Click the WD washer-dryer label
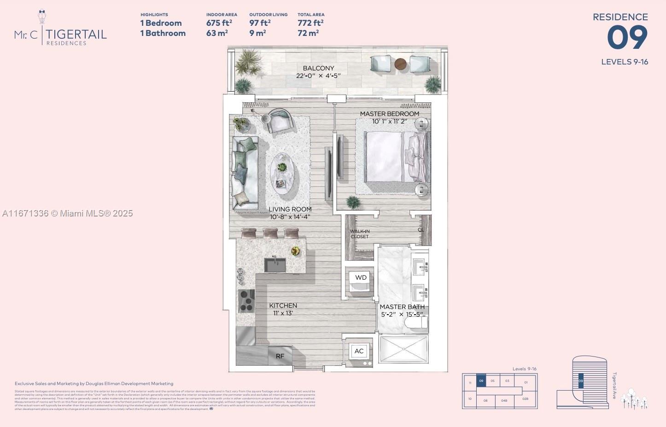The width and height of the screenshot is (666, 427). (x=361, y=277)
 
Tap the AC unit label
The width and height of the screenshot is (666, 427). (x=359, y=351)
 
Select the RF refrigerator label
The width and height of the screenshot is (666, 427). (x=280, y=356)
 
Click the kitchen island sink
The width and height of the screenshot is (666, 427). (x=275, y=265)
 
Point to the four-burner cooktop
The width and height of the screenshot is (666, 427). (x=246, y=301)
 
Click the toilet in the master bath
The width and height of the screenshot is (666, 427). (x=416, y=322)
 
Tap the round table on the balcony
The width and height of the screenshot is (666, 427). (x=401, y=64)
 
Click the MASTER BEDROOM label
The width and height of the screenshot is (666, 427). (x=389, y=114)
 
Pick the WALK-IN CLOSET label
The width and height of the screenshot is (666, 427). (x=360, y=234)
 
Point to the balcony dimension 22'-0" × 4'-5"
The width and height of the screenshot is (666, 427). (x=318, y=76)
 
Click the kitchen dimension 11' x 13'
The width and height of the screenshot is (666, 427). (x=283, y=313)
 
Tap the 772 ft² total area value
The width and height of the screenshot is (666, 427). (x=310, y=23)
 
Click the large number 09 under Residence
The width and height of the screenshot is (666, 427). (x=627, y=38)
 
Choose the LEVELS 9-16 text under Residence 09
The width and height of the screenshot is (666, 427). (x=625, y=62)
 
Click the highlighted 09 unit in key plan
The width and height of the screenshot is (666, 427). (x=481, y=380)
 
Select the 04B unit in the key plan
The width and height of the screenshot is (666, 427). (x=504, y=401)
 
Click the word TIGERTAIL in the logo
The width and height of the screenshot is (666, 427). (x=76, y=34)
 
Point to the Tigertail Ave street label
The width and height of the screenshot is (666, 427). (x=614, y=385)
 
